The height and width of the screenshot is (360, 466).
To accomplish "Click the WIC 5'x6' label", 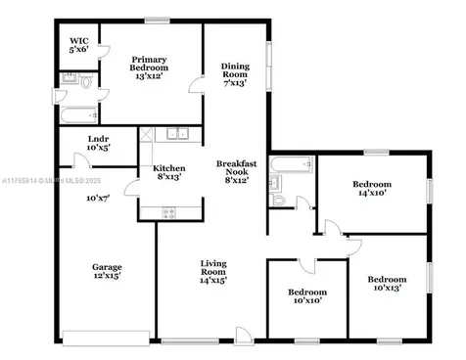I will coord(78,43).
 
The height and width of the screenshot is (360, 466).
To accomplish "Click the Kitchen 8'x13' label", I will coord(168,173).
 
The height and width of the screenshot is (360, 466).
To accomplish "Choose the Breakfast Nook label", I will coord(236,172).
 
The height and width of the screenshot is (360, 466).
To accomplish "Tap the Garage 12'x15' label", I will coord(106,273).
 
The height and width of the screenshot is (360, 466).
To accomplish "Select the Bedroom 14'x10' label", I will coord(372,189).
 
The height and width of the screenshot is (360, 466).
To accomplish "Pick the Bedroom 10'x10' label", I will coord(305,297).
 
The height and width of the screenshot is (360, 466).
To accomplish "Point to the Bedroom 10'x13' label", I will coord(386,286).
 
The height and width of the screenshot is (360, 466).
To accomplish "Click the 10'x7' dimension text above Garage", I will coord(97,199).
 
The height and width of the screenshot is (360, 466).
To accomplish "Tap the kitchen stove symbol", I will coord(168,212).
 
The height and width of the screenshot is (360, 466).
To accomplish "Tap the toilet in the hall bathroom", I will coord(280,201).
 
